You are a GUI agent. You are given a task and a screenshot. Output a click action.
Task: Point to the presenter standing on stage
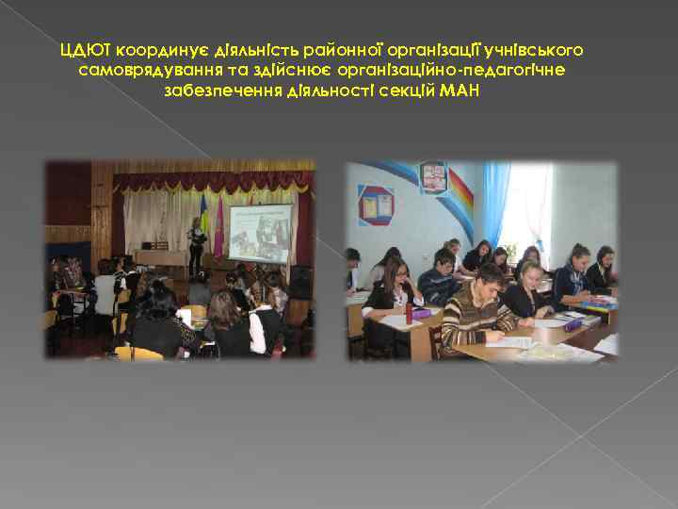(x=197, y=245)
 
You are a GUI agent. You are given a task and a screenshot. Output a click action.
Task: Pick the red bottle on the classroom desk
(x=409, y=312)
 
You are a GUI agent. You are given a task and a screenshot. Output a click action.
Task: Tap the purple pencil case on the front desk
(x=422, y=312)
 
